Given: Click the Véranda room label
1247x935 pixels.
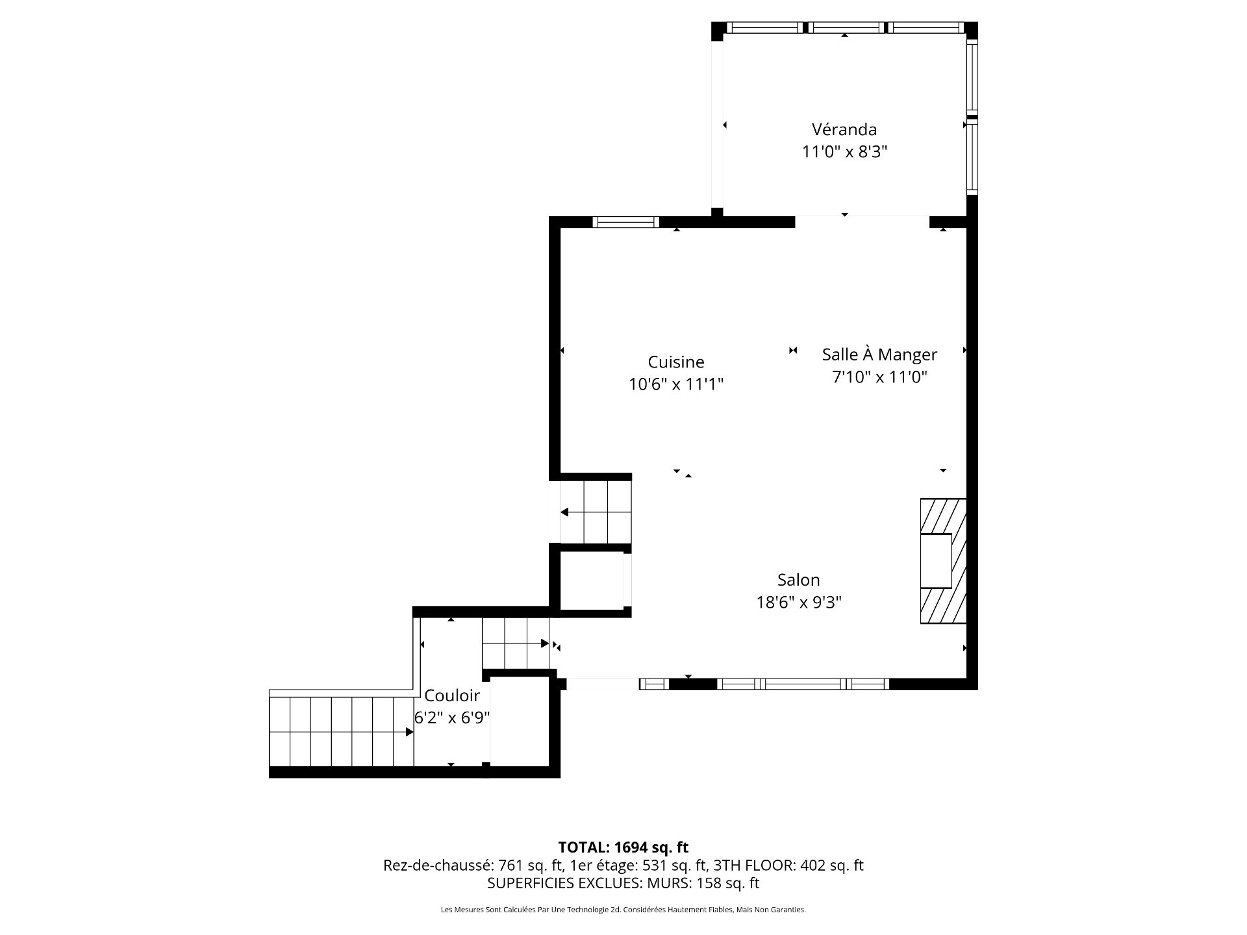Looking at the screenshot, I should [844, 129].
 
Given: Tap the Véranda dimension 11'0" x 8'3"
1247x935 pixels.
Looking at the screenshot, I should [844, 152].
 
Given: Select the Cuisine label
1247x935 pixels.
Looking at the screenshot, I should [675, 362].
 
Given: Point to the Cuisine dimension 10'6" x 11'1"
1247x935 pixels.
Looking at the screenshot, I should [675, 384].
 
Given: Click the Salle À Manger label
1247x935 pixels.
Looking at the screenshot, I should [879, 355].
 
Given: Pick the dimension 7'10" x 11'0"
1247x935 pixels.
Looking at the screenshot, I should [879, 377].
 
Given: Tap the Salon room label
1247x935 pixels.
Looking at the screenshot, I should [798, 580].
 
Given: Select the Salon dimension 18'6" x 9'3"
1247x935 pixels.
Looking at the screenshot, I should [798, 603].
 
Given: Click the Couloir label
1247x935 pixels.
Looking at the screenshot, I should [452, 695].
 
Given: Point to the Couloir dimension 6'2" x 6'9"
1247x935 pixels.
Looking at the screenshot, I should [452, 718].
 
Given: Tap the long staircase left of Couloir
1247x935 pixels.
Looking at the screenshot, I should [341, 732].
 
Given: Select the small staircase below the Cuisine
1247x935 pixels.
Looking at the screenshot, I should [596, 512].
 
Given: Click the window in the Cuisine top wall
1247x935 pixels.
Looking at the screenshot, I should [625, 222].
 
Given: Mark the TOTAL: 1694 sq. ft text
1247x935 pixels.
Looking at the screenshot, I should [623, 847].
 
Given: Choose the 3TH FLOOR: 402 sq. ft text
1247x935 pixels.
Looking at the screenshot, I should [788, 866].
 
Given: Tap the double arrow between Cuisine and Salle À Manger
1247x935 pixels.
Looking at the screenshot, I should [792, 351].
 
